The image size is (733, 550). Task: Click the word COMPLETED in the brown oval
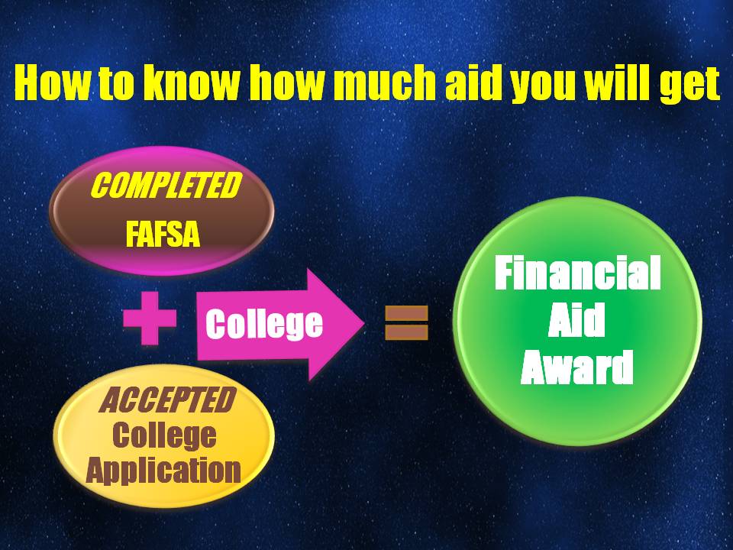[162, 186]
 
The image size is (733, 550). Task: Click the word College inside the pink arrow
[264, 324]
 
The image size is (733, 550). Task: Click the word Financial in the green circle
[578, 274]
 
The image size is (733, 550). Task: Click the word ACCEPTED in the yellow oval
[166, 400]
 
